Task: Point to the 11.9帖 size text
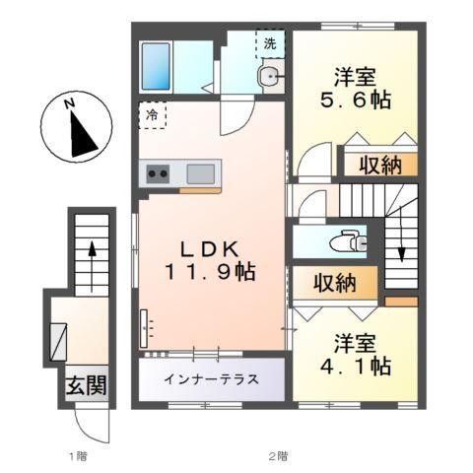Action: [x=211, y=270]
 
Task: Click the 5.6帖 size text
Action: [x=353, y=99]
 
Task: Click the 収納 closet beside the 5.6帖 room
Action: [x=378, y=165]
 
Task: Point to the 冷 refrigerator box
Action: [x=153, y=114]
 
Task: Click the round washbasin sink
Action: [x=269, y=78]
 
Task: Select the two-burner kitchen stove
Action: [x=159, y=175]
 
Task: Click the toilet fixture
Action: [x=345, y=239]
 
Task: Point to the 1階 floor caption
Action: [x=79, y=455]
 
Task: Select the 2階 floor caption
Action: [x=280, y=455]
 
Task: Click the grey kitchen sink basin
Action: [x=200, y=174]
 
